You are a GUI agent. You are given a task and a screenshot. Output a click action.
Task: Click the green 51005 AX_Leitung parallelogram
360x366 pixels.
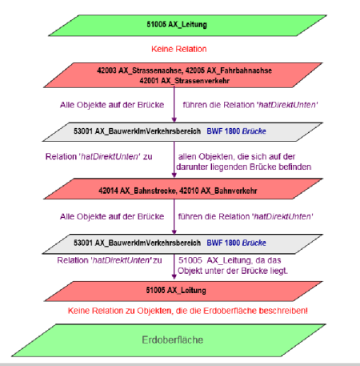(x=187, y=26)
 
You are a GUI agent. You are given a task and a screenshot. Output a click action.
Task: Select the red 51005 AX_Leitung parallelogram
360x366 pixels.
(x=183, y=291)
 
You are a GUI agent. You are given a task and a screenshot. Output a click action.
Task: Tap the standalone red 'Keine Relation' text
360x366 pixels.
(x=179, y=49)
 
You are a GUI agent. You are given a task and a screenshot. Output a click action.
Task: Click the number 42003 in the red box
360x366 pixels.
(x=106, y=70)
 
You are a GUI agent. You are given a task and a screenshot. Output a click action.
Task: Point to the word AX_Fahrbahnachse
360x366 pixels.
(x=239, y=70)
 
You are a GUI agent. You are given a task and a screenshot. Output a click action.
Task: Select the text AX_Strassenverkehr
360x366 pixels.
(x=194, y=81)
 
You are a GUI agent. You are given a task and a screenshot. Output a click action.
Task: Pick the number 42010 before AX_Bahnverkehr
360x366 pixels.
(x=189, y=191)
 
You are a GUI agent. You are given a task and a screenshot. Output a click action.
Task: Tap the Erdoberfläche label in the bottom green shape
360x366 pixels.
(x=173, y=340)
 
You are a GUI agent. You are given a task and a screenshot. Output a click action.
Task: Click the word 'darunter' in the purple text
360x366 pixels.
(x=192, y=167)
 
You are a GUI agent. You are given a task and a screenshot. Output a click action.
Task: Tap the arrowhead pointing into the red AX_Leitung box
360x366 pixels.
(x=174, y=276)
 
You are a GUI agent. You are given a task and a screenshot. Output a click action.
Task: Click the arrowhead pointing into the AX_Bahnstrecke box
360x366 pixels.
(x=174, y=175)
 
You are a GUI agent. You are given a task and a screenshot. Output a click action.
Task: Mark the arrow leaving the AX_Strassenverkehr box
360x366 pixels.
(x=174, y=104)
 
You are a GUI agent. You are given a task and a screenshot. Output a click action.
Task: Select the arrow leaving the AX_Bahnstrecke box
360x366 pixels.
(x=174, y=216)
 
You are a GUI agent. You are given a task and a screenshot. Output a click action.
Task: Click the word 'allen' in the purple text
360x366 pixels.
(x=187, y=156)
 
